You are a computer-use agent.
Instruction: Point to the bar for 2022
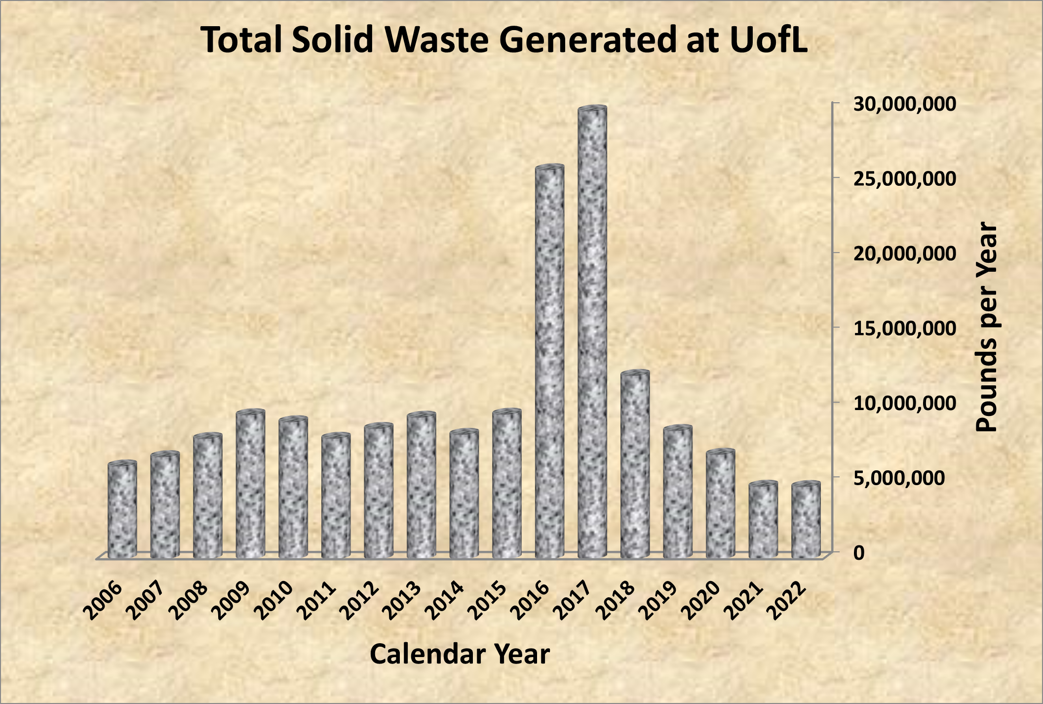coord(806,521)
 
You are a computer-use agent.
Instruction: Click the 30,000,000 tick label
coord(905,104)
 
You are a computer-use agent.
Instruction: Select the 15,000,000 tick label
coord(905,329)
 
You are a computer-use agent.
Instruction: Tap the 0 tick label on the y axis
coord(859,553)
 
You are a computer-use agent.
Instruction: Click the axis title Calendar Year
coord(460,654)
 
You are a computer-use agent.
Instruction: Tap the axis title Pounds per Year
coord(987,328)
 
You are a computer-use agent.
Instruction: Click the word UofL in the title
coord(768,40)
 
